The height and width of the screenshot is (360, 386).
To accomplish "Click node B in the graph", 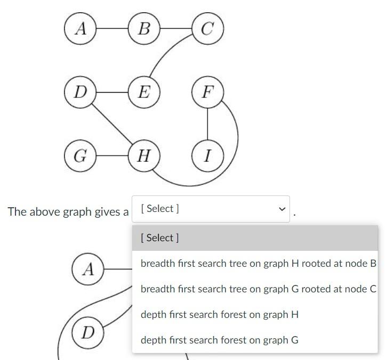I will tap(144, 28).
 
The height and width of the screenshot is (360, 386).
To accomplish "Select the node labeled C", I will tap(207, 28).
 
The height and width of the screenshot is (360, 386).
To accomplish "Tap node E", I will tap(144, 92).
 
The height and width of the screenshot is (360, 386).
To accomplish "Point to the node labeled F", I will tap(207, 92).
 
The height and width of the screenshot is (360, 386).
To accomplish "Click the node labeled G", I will tap(80, 156).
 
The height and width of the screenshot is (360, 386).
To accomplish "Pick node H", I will tap(144, 156).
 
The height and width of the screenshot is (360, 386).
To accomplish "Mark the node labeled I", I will tap(207, 156).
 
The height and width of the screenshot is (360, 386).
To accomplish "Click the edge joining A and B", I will tap(112, 28).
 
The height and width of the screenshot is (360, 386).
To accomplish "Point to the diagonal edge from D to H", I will tap(112, 124).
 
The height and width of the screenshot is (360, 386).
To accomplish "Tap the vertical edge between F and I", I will tap(207, 124).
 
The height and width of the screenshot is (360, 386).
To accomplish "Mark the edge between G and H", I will tap(112, 156).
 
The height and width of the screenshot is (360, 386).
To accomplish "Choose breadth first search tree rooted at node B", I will tap(258, 264).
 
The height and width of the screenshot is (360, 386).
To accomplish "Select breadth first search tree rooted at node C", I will tap(258, 289).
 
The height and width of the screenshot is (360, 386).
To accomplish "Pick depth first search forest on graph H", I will tap(219, 315).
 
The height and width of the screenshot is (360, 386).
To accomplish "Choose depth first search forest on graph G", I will tap(219, 340).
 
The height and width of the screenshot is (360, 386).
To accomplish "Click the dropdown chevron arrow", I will tap(282, 209).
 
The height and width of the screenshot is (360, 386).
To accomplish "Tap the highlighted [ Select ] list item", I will tap(160, 238).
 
